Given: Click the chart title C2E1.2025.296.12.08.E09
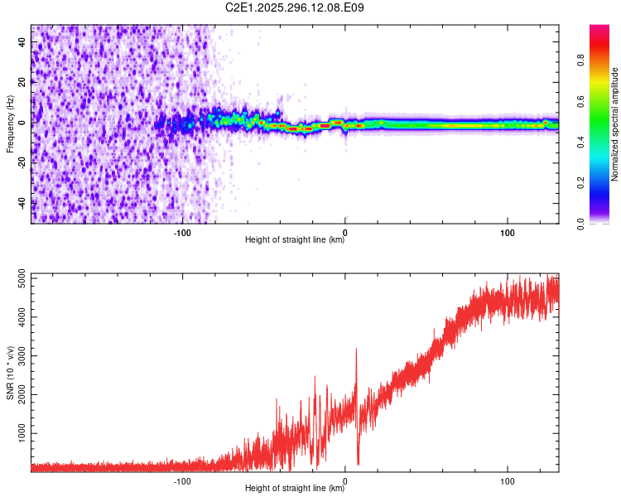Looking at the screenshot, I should point(295,7).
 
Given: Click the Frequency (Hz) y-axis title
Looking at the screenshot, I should point(10,124).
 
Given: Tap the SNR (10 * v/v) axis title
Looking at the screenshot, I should point(10,373).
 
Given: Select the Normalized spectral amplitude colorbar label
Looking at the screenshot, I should point(615,124).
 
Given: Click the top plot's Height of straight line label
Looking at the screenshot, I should point(295,240).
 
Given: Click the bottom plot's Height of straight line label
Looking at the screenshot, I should point(295,489).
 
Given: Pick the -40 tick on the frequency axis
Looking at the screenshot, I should point(22,203).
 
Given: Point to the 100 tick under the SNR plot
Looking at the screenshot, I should point(507,479).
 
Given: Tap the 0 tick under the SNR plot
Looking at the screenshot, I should point(345,479).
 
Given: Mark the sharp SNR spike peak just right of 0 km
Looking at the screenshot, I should point(356,349).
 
